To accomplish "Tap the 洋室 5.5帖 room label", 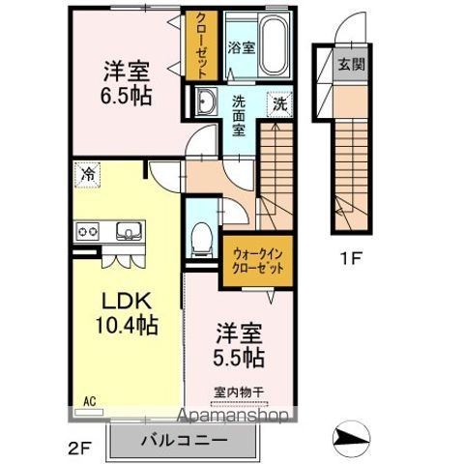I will click(x=236, y=343).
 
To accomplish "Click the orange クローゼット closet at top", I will click(x=200, y=45).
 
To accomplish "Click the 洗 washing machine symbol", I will click(x=278, y=102).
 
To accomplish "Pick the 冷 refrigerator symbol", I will click(x=87, y=175).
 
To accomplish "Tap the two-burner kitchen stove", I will click(x=88, y=231).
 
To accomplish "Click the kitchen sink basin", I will click(x=129, y=231).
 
